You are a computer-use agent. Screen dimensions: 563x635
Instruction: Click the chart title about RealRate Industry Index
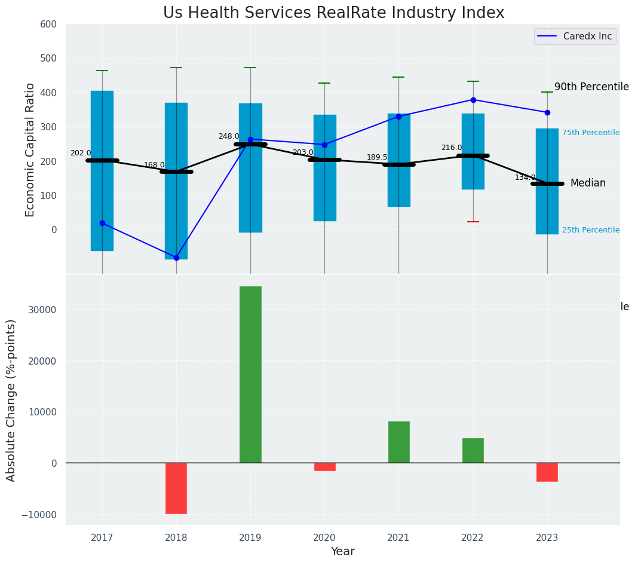point(333,13)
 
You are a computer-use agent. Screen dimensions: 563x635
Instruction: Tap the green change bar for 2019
point(250,374)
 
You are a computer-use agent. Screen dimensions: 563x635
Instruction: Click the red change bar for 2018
point(176,488)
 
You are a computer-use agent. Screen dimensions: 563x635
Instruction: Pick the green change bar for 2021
point(398,442)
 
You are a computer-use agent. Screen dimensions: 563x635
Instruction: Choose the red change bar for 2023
point(547,472)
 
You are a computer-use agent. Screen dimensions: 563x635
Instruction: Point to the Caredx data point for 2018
point(176,258)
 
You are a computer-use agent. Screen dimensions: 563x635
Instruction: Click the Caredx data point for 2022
point(473,100)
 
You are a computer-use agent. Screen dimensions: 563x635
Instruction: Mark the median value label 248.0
point(229,136)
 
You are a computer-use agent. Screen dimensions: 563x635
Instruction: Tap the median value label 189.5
point(377,157)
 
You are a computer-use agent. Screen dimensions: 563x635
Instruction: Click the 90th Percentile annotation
point(591,87)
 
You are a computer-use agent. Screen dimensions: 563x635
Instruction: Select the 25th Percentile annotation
point(590,230)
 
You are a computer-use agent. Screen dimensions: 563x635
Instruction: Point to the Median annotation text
point(588,183)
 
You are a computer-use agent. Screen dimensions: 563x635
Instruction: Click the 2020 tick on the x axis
point(324,538)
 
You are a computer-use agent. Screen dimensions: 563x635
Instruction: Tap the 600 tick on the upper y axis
point(48,25)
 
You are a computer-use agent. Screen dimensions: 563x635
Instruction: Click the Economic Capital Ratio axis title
point(30,149)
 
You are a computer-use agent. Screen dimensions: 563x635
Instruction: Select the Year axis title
point(343,552)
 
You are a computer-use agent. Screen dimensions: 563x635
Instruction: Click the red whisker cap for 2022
point(473,222)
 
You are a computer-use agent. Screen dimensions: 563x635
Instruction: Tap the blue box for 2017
point(102,170)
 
